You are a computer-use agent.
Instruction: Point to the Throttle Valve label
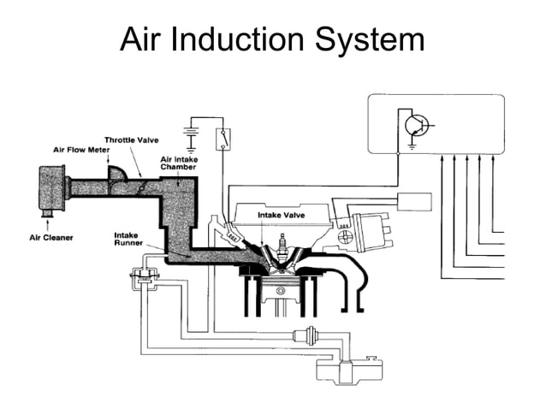click(131, 139)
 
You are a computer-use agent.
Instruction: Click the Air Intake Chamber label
click(178, 163)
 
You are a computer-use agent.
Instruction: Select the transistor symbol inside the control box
click(418, 126)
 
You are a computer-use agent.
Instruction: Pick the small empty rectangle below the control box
click(415, 202)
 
